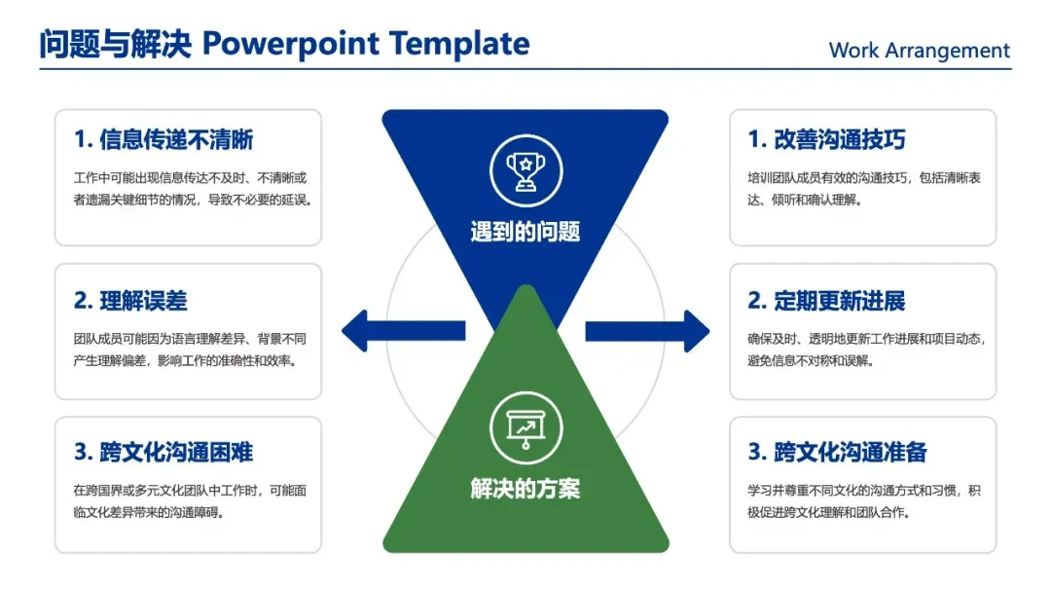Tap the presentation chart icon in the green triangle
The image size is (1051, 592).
point(525,428)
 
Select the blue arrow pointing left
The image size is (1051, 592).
point(402,330)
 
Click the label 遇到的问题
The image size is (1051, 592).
point(525,232)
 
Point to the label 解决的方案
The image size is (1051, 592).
point(525,488)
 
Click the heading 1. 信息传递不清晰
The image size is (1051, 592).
point(163,140)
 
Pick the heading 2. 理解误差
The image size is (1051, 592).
point(130,301)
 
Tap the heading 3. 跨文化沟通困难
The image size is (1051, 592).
point(163,453)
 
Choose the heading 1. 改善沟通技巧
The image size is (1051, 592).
point(826,140)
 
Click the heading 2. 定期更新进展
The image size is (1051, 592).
point(826,301)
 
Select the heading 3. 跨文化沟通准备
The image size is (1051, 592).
point(837,453)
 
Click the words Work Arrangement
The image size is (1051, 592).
point(919,51)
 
